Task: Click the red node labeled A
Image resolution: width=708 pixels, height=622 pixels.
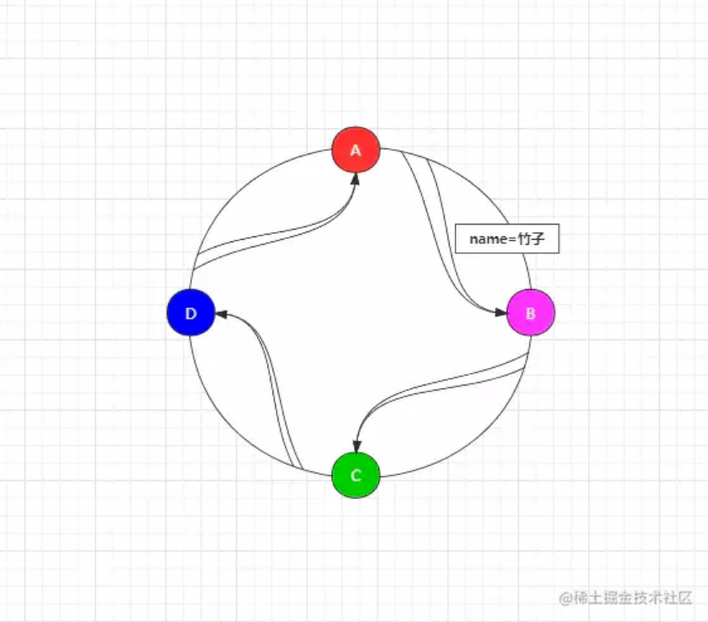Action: click(x=356, y=151)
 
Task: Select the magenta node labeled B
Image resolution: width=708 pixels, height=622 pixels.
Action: click(x=530, y=313)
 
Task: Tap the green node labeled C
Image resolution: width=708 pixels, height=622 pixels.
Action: click(x=356, y=475)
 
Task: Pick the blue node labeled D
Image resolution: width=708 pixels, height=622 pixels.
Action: click(x=191, y=314)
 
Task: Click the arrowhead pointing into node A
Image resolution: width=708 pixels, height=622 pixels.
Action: click(x=356, y=180)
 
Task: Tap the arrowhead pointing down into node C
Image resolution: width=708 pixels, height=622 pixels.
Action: click(x=356, y=446)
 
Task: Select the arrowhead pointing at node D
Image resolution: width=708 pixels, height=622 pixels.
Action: click(x=221, y=314)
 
